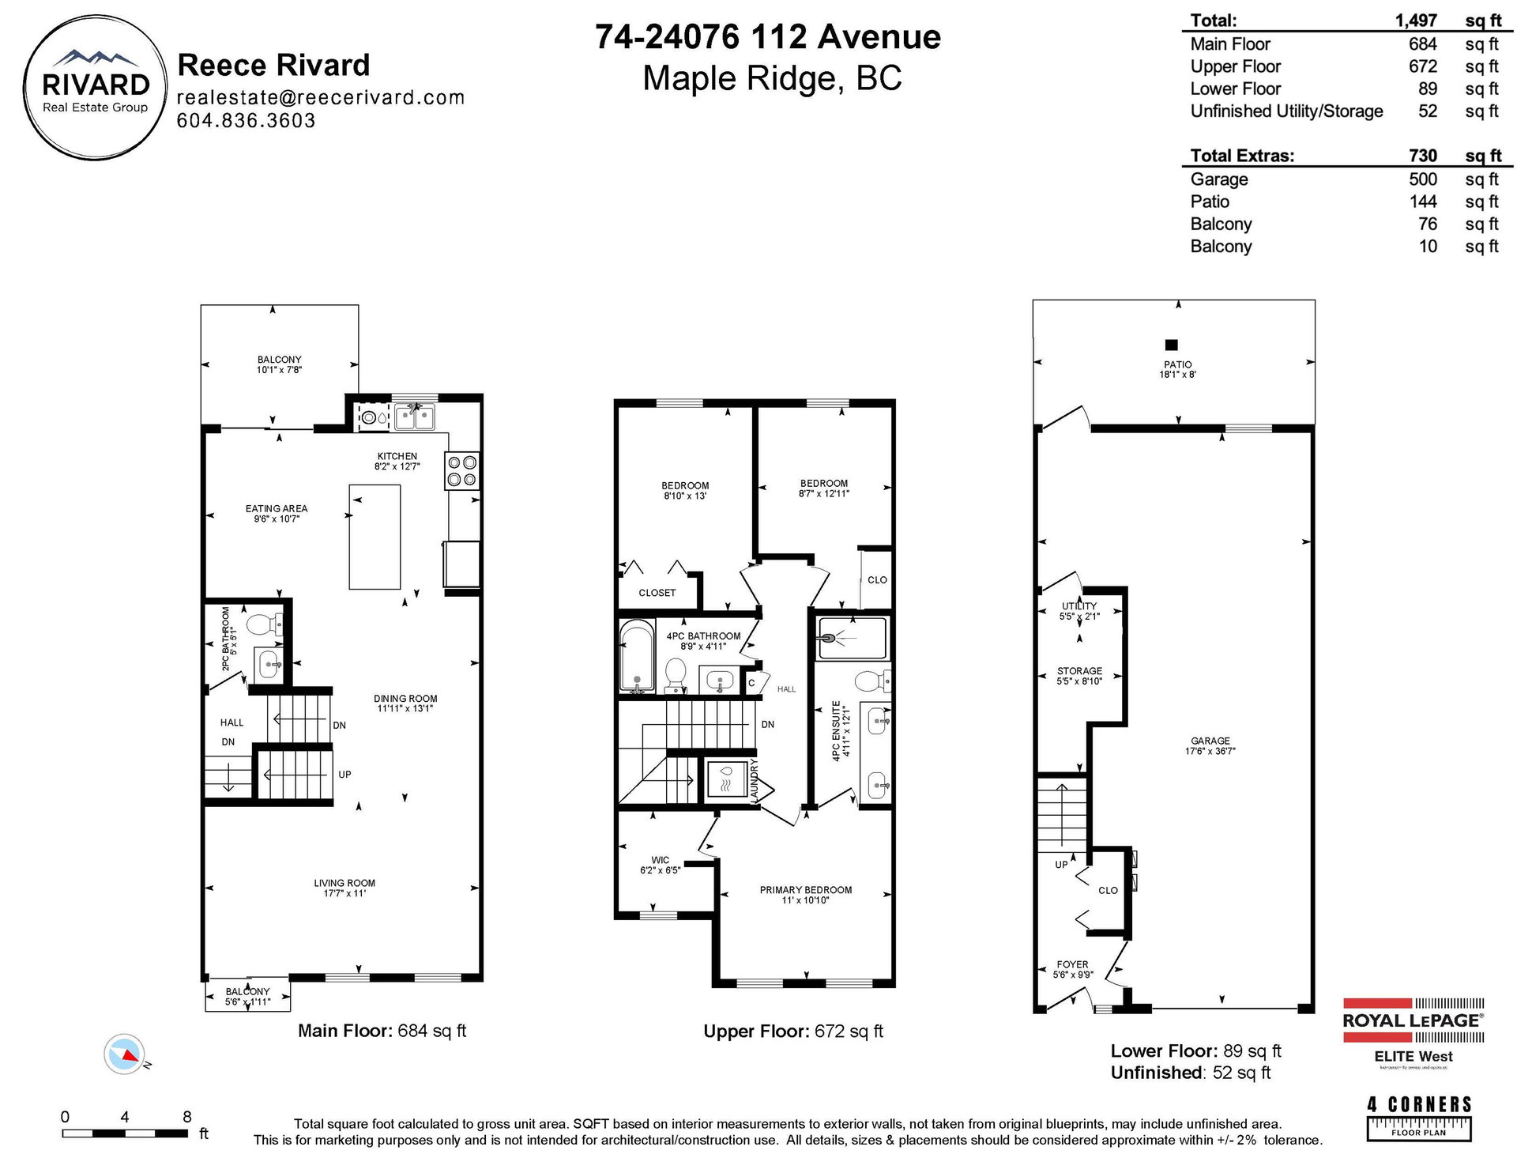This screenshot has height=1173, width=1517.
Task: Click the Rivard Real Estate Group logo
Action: (x=96, y=89)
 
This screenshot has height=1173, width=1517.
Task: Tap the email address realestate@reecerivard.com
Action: (x=321, y=97)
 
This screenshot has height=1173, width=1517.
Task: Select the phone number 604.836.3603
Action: (x=247, y=121)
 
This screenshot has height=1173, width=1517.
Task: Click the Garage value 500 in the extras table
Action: (x=1423, y=179)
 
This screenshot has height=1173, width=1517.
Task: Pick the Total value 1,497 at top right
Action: (x=1416, y=21)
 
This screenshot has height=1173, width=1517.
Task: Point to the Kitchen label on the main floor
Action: (x=397, y=456)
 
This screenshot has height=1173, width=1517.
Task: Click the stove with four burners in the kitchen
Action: (x=462, y=471)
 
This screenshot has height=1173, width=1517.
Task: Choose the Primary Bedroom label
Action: (x=806, y=890)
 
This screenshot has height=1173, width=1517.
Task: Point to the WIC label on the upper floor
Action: (x=661, y=860)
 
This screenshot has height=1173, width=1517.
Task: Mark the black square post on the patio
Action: (x=1172, y=345)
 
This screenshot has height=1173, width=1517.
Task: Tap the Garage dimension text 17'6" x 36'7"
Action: (x=1210, y=751)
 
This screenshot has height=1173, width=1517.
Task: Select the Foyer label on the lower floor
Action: (x=1072, y=964)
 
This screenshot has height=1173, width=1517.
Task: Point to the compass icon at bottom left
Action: (x=124, y=1054)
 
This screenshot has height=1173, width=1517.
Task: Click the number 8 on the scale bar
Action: (x=187, y=1117)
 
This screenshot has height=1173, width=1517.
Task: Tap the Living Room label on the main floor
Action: (x=344, y=883)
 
